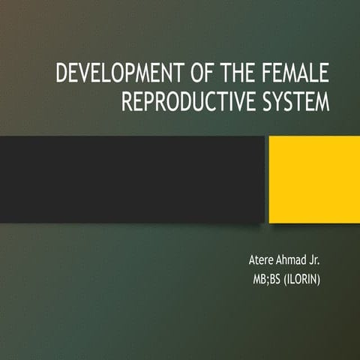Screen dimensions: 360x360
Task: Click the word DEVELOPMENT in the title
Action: [x=115, y=76]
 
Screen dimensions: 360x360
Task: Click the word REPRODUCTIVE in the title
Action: [x=186, y=102]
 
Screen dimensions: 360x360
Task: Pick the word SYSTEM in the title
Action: [x=293, y=102]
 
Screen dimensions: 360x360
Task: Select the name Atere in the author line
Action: [x=262, y=261]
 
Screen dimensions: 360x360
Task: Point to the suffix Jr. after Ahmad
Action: [x=323, y=261]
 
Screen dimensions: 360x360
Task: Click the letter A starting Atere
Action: [x=251, y=261]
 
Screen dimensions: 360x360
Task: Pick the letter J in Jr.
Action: [x=320, y=261]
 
